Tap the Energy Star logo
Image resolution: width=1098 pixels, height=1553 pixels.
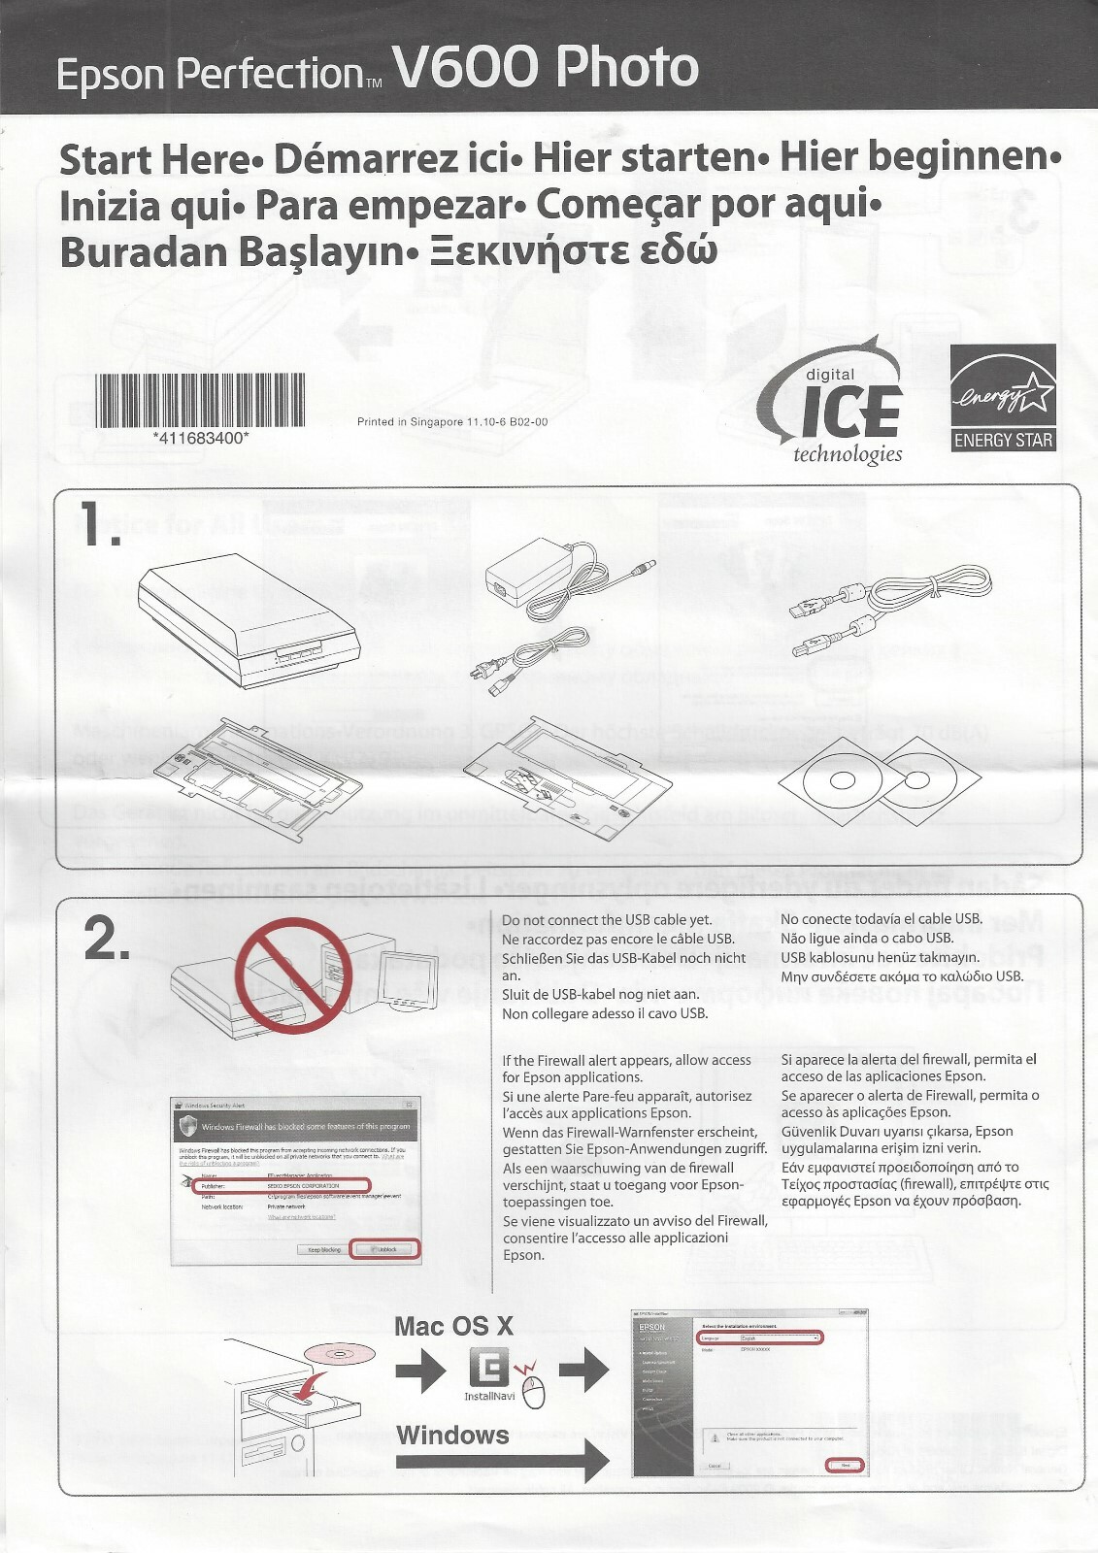[x=1003, y=399]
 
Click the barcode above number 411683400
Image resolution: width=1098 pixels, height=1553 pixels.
[x=200, y=400]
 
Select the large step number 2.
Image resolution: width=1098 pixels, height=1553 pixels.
[x=106, y=940]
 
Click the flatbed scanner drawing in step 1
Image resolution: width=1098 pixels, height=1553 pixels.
[x=250, y=622]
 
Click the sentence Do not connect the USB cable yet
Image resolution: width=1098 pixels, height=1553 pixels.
[x=607, y=920]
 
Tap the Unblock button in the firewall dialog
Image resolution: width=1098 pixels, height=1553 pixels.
[x=385, y=1249]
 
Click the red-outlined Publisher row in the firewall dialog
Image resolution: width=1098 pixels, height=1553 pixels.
[x=282, y=1186]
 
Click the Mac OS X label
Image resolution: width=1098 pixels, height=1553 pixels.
[x=453, y=1326]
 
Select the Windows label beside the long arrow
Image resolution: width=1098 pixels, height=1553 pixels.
[x=452, y=1435]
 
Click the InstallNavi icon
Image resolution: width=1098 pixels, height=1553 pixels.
[x=489, y=1370]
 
